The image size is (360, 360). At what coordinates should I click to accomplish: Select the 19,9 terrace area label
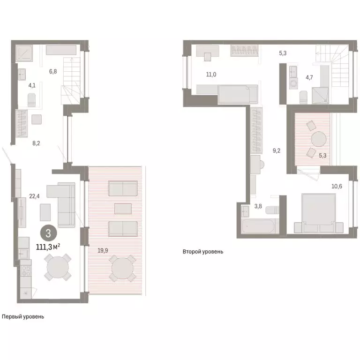point(103,250)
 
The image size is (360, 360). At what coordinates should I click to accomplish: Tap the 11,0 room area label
point(211,74)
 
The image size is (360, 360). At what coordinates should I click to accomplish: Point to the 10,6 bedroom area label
point(337,187)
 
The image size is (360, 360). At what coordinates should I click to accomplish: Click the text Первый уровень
point(22,316)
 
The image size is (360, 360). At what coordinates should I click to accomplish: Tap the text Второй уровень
point(203,252)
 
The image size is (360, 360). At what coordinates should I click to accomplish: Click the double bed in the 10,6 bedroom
point(315,213)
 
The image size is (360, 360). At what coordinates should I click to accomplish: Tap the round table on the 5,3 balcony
point(318,140)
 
